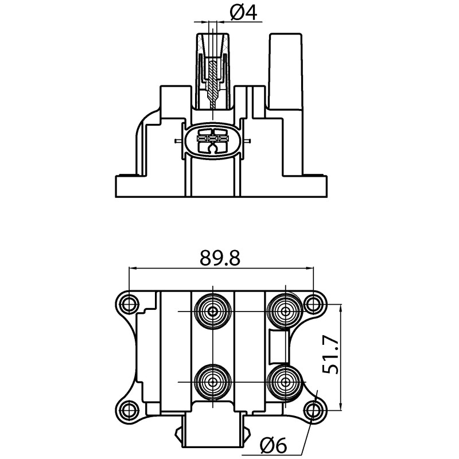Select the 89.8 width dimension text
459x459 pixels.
click(x=220, y=258)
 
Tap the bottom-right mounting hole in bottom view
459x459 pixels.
click(x=313, y=408)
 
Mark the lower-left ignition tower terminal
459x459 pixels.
click(x=213, y=381)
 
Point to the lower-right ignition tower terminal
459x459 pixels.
click(x=285, y=381)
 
